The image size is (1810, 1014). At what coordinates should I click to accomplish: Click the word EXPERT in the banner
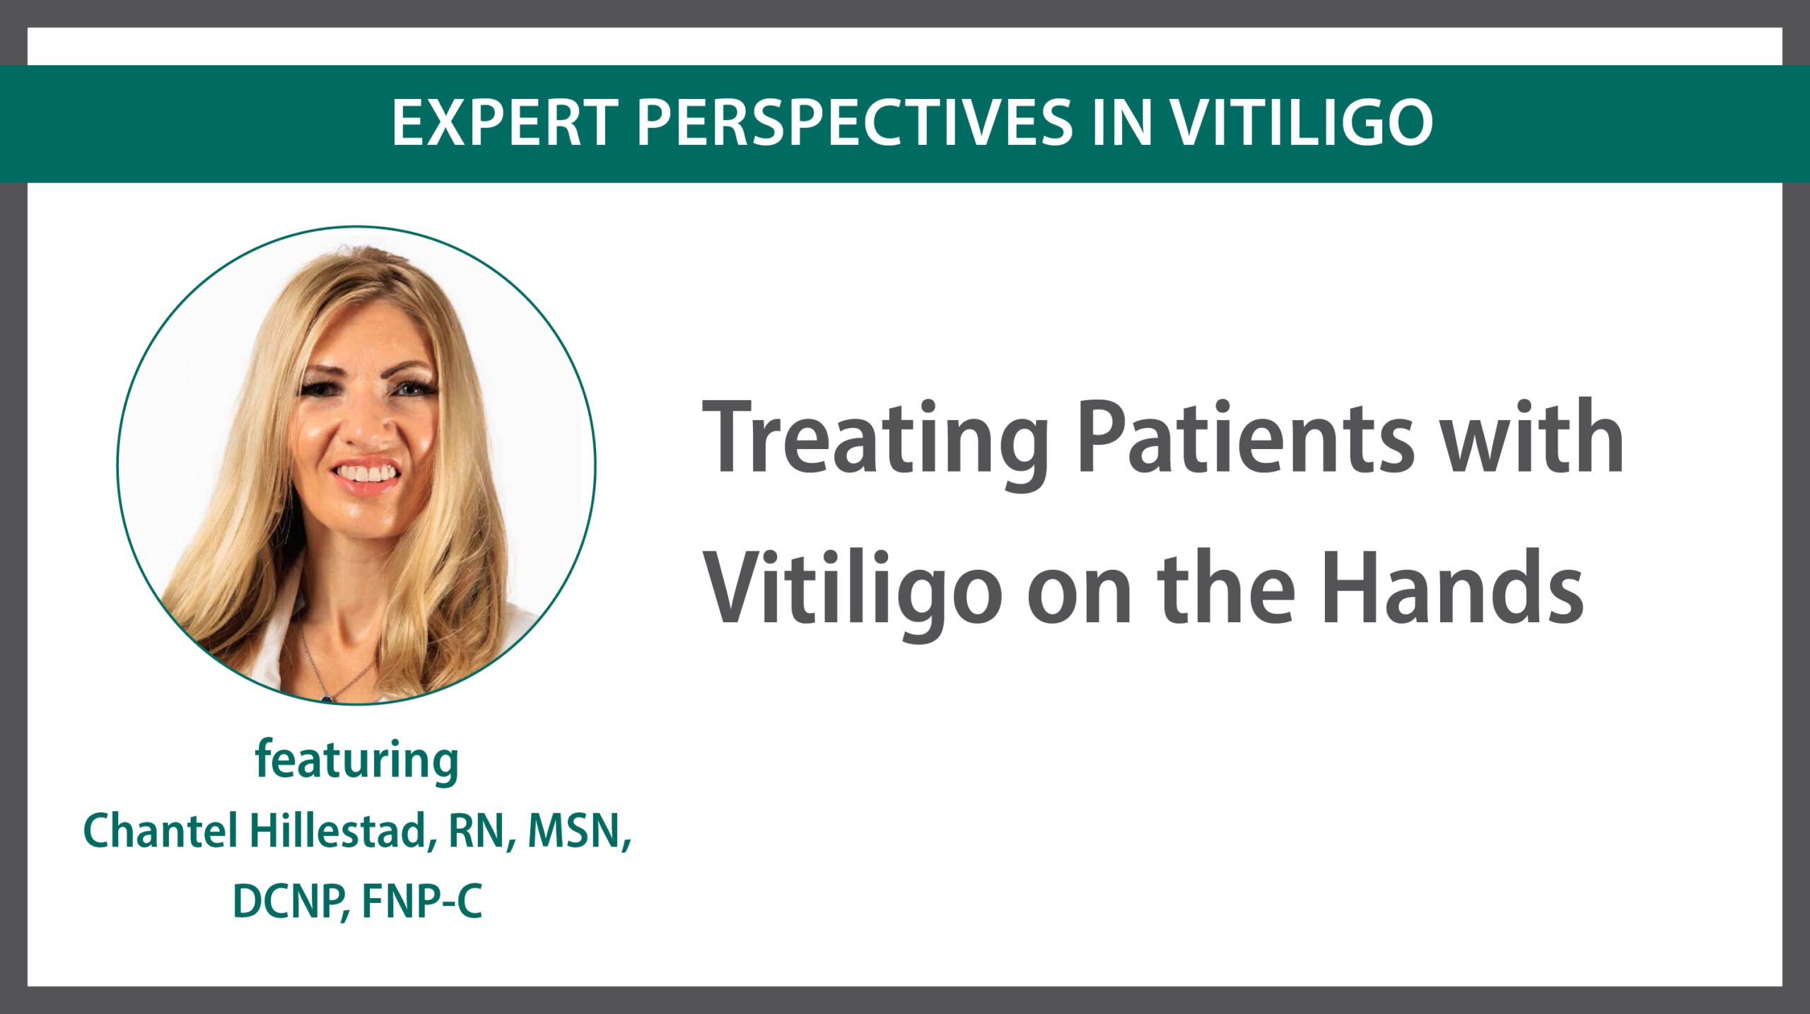click(x=506, y=123)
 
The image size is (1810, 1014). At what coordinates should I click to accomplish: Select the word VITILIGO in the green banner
click(x=1301, y=123)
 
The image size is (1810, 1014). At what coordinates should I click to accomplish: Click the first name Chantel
click(x=160, y=831)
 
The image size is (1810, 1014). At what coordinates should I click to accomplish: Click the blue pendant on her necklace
click(x=327, y=698)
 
